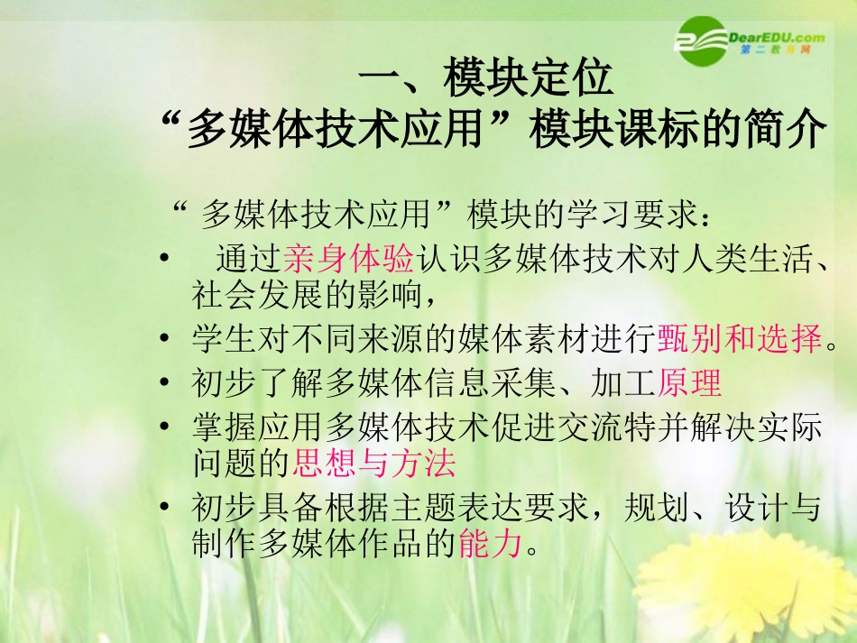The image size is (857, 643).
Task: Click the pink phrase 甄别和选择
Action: [741, 338]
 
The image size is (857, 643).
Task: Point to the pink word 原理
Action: [690, 384]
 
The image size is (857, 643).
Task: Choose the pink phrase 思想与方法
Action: [373, 464]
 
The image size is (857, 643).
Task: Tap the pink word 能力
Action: [491, 544]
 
